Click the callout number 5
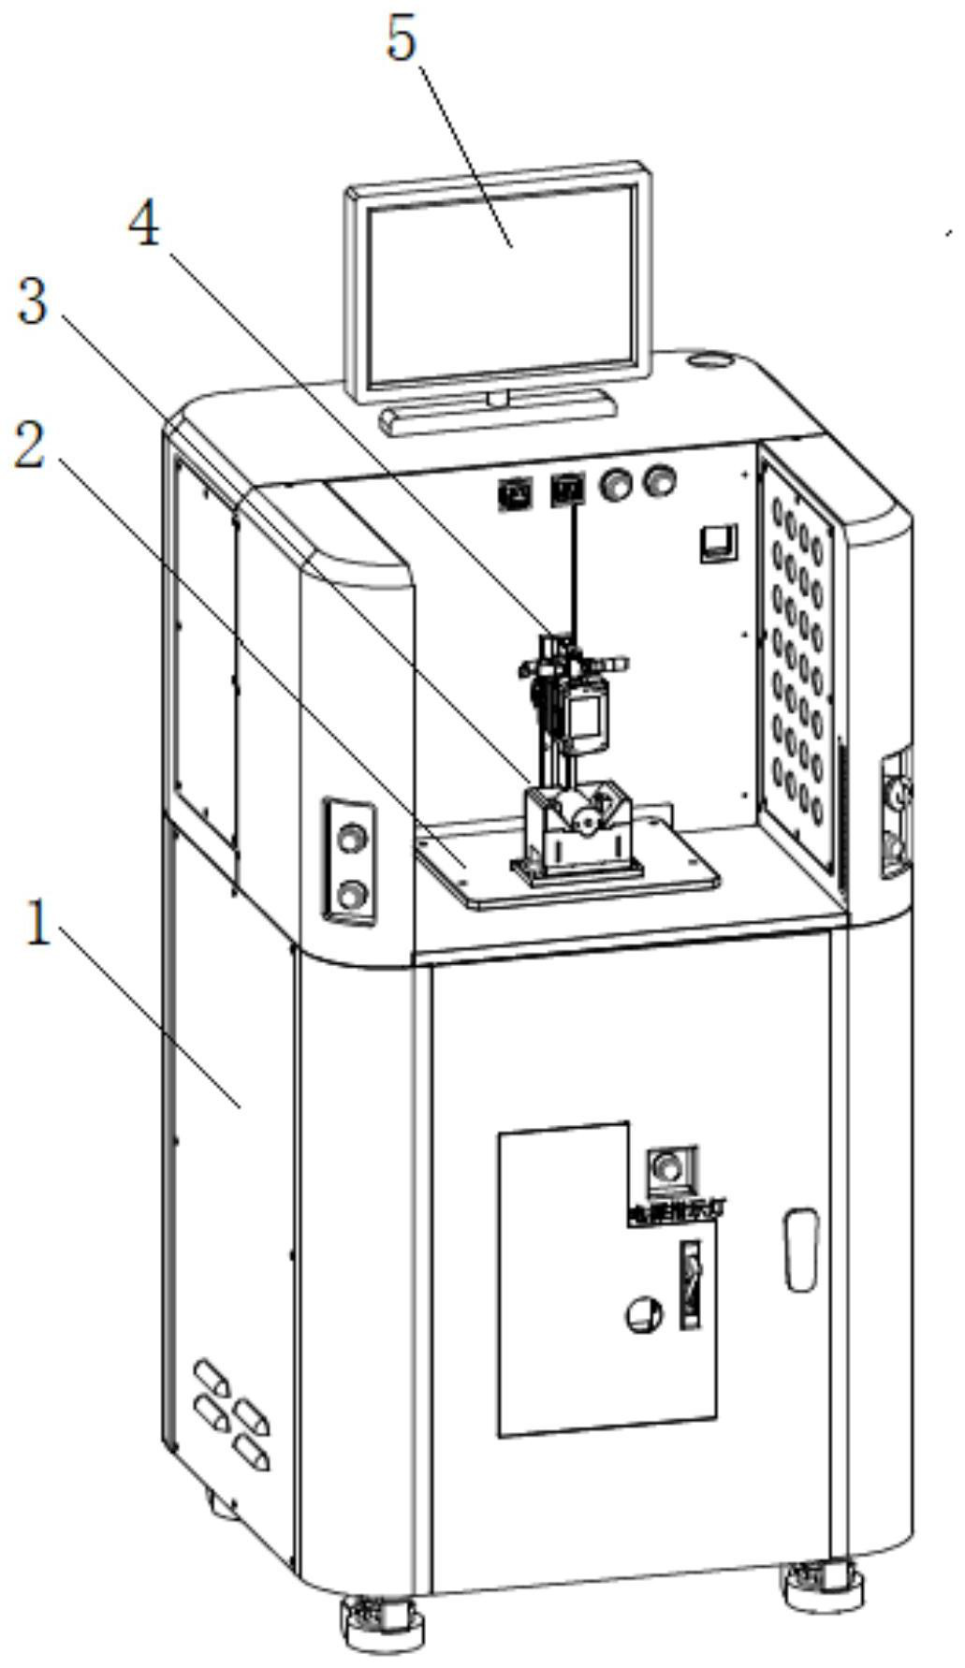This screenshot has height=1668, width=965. click(402, 39)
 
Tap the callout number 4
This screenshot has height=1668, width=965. click(144, 227)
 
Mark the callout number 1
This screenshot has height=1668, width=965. click(37, 922)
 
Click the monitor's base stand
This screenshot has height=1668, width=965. click(498, 410)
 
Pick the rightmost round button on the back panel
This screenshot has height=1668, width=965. click(661, 481)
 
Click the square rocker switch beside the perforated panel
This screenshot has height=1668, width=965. click(719, 541)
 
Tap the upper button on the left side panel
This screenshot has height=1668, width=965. click(351, 836)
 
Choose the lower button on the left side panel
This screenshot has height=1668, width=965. click(351, 894)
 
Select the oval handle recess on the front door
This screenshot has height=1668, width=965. click(801, 1250)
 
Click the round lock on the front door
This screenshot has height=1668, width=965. click(639, 1314)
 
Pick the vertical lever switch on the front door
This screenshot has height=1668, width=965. click(691, 1282)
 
